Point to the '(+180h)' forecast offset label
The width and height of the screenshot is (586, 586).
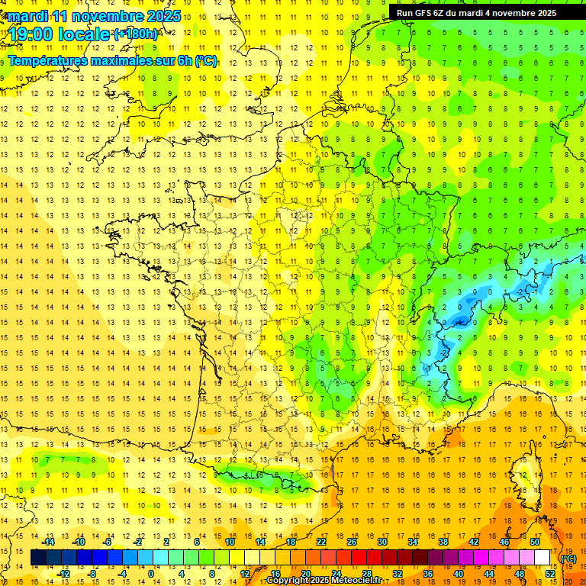click(135, 34)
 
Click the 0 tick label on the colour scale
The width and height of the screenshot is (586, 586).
click(150, 574)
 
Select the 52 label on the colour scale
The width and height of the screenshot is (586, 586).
click(549, 574)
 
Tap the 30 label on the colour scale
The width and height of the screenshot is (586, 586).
click(382, 542)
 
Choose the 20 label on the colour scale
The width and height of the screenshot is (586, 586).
click(304, 574)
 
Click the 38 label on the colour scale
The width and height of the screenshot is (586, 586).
click(443, 542)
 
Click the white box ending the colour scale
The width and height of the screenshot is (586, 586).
click(543, 558)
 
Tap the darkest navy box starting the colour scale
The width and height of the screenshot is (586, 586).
click(38, 558)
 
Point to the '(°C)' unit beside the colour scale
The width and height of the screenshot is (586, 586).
click(568, 559)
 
